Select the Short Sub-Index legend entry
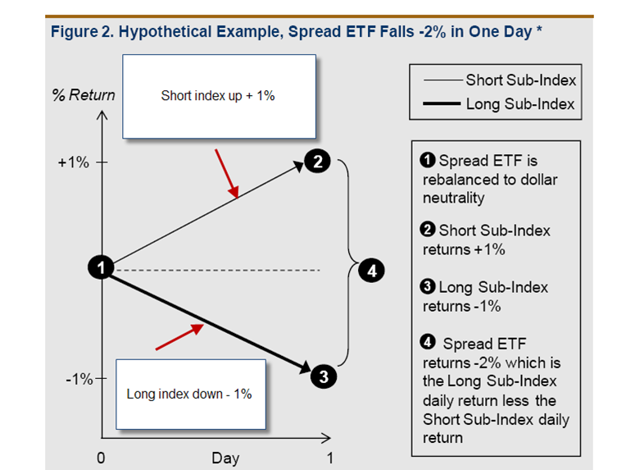pyautogui.click(x=520, y=80)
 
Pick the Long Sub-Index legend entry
pyautogui.click(x=520, y=104)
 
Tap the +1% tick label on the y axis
pyautogui.click(x=73, y=162)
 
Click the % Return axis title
pyautogui.click(x=84, y=95)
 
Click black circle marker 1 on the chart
pyautogui.click(x=100, y=267)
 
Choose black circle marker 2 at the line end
pyautogui.click(x=315, y=162)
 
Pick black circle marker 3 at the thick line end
pyautogui.click(x=323, y=377)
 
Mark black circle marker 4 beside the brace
pyautogui.click(x=371, y=270)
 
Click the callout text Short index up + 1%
pyautogui.click(x=218, y=96)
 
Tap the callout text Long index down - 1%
pyautogui.click(x=189, y=394)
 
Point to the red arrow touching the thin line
pyautogui.click(x=227, y=175)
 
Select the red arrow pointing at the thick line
pyautogui.click(x=179, y=336)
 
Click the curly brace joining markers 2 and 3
pyautogui.click(x=347, y=268)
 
